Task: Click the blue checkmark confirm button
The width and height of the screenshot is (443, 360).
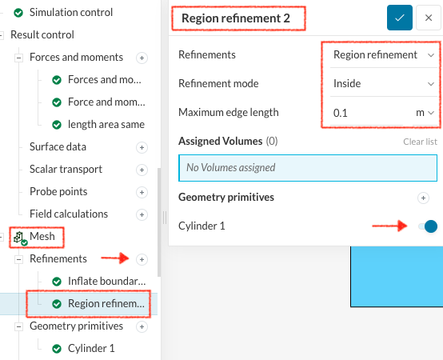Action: (x=400, y=18)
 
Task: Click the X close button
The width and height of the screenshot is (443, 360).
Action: (x=429, y=18)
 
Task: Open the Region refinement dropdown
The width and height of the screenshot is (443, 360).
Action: (x=384, y=55)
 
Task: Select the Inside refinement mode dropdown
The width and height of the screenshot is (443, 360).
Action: (x=384, y=84)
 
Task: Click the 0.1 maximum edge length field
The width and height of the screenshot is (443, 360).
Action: (x=367, y=113)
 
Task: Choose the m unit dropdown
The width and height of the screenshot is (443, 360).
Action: (x=425, y=113)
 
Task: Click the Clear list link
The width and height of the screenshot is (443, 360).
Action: (x=420, y=142)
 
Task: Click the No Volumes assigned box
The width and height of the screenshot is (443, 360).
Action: (x=308, y=168)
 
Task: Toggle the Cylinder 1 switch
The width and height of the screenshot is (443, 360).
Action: (x=428, y=226)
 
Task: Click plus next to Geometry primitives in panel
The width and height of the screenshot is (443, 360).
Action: (x=423, y=198)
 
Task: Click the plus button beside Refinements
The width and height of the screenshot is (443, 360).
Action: (x=142, y=259)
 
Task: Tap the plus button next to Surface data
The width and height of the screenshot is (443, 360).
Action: (x=142, y=147)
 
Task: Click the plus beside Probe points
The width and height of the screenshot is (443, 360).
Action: (x=142, y=192)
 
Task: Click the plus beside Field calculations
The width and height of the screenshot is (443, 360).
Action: (x=142, y=214)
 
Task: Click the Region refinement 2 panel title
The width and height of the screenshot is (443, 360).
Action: (x=236, y=18)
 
